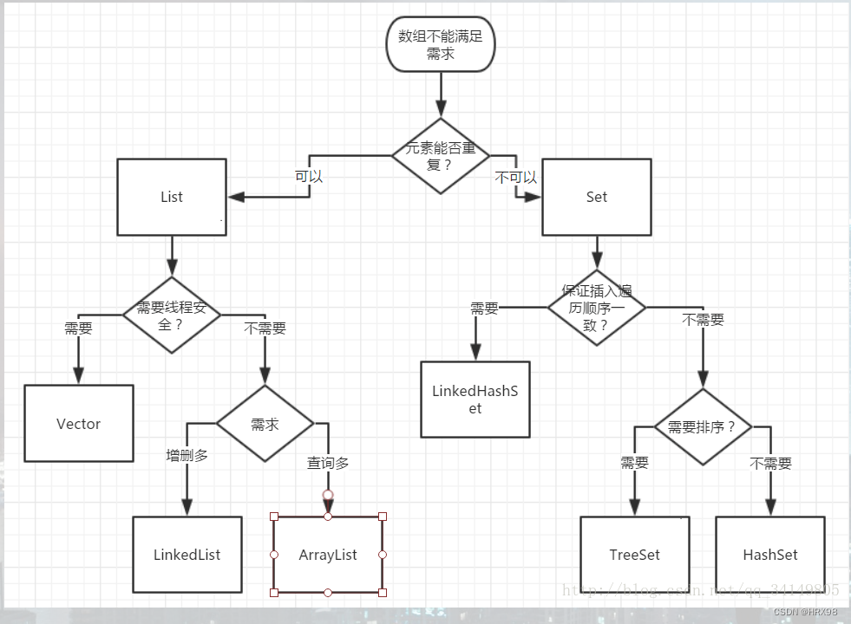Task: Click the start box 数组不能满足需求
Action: [x=441, y=45]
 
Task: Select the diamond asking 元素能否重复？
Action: [x=441, y=156]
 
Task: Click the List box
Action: [x=172, y=197]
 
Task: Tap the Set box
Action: [x=597, y=197]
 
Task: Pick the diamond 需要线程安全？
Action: [x=172, y=315]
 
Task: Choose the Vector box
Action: [x=79, y=424]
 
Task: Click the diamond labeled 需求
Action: [x=265, y=425]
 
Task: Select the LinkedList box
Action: [x=187, y=555]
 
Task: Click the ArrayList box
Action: [x=328, y=555]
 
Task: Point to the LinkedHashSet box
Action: [x=475, y=400]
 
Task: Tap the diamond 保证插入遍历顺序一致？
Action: [x=597, y=307]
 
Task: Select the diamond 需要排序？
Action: [x=702, y=426]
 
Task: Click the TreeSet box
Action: [x=635, y=555]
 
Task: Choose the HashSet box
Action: [x=770, y=555]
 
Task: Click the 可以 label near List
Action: [x=309, y=176]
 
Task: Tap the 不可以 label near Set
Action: [x=516, y=177]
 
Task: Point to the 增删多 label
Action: [x=187, y=455]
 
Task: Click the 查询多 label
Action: [x=328, y=464]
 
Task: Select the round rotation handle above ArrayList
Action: [x=328, y=495]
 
